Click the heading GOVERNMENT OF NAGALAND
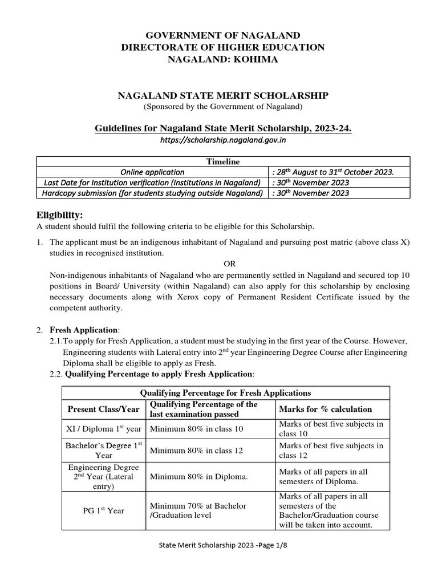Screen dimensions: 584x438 click(222, 35)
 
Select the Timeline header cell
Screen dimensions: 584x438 click(223, 161)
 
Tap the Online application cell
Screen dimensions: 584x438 click(152, 172)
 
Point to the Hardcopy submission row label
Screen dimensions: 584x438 click(152, 193)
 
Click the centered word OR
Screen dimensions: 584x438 click(229, 264)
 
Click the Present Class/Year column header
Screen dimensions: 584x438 click(103, 409)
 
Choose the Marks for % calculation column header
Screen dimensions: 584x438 click(325, 409)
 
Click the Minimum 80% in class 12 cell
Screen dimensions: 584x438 click(196, 451)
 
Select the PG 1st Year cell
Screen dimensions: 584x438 click(103, 510)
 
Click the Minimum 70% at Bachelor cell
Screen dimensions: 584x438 click(197, 510)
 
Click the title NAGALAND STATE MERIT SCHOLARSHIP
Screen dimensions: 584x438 click(222, 95)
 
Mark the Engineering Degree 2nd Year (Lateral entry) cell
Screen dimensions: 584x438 click(103, 477)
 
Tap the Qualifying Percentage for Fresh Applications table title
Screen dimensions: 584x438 click(225, 392)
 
